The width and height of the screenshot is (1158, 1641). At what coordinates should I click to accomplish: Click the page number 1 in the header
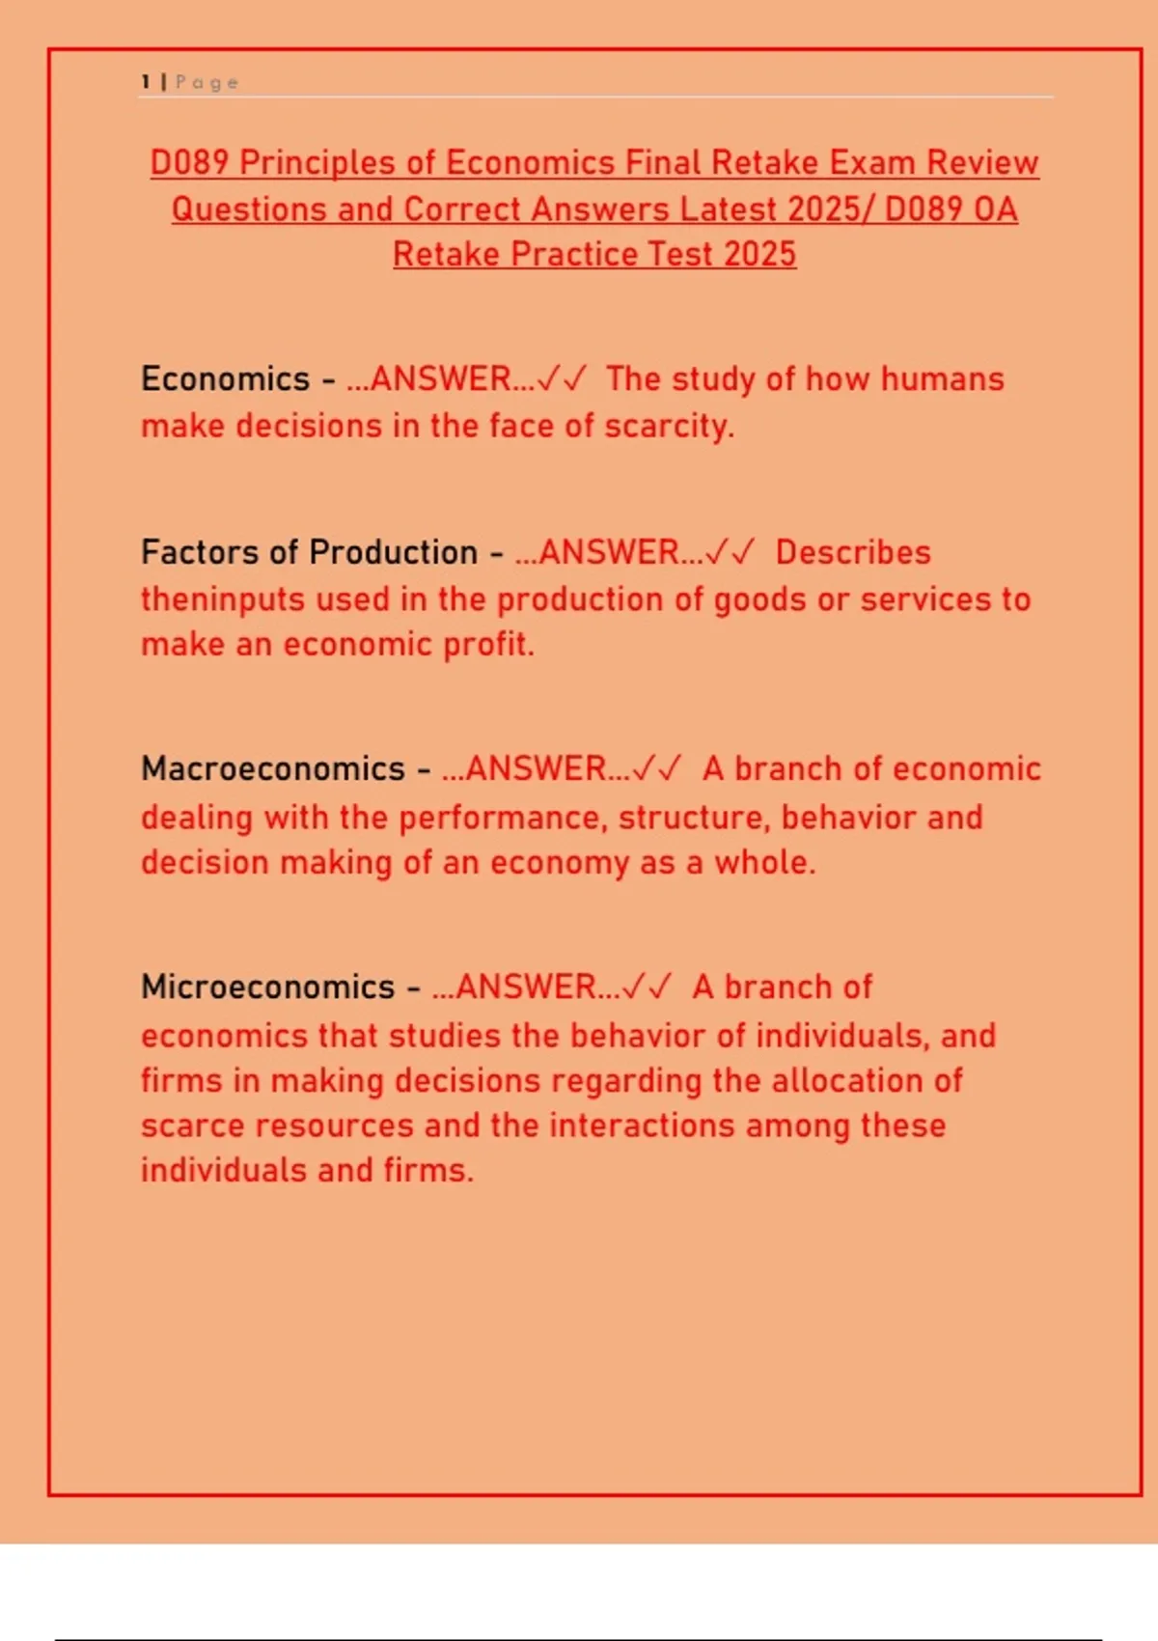click(x=146, y=82)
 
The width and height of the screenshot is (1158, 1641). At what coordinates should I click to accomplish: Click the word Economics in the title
click(x=530, y=162)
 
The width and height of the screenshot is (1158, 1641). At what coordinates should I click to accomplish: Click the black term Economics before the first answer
click(x=226, y=378)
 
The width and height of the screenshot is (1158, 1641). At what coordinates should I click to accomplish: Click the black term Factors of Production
click(x=309, y=552)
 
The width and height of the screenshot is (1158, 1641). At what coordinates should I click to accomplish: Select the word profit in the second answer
click(x=488, y=644)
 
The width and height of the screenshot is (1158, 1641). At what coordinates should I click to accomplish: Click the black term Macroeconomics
click(x=273, y=769)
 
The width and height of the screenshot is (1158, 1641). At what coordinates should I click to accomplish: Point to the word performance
click(x=503, y=818)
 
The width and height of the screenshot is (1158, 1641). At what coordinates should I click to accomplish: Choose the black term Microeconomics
click(x=268, y=987)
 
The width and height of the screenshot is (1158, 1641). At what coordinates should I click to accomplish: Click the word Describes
click(x=853, y=552)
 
